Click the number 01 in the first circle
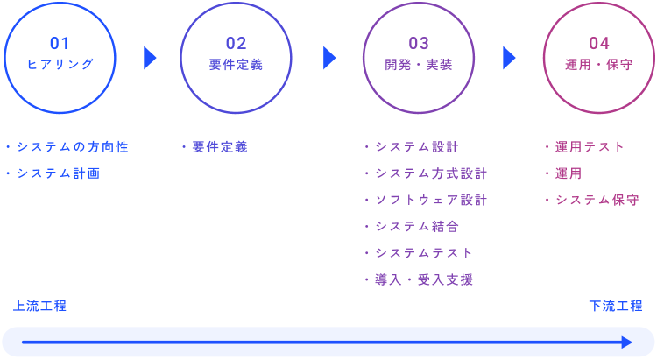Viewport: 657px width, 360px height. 60,43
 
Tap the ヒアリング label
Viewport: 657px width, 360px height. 60,65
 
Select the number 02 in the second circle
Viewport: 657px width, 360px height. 236,43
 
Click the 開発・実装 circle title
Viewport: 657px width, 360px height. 419,65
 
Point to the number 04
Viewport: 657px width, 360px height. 599,43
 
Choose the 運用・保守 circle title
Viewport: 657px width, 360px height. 599,65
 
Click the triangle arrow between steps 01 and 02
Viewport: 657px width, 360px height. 150,58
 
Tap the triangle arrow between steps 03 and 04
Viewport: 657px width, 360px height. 509,58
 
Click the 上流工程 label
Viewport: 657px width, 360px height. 39,306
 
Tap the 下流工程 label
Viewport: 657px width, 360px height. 616,306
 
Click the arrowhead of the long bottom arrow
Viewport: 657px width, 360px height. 627,342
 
